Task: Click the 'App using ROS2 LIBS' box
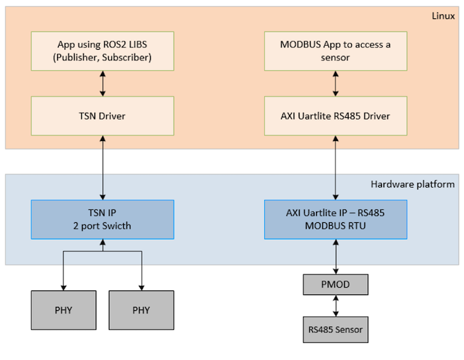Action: (102, 51)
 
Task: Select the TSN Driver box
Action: (102, 116)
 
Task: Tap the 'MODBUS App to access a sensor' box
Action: (336, 51)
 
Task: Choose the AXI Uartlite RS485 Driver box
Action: (336, 116)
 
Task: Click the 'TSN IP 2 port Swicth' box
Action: (102, 220)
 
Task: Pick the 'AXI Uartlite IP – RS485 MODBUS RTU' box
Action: (336, 220)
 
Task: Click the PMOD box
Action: (336, 285)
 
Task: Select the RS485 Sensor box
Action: (336, 329)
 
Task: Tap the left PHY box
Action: (64, 310)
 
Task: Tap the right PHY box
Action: (142, 310)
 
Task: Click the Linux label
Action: (443, 16)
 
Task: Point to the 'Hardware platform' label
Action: (412, 184)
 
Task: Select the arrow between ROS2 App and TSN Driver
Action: (103, 83)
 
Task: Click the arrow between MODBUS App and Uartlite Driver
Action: (336, 83)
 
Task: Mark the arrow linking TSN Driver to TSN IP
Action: (103, 168)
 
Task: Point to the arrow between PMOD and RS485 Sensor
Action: (336, 306)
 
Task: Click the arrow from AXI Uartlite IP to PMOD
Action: (336, 256)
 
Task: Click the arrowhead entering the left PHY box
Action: (64, 288)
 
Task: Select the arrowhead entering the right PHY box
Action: (142, 288)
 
